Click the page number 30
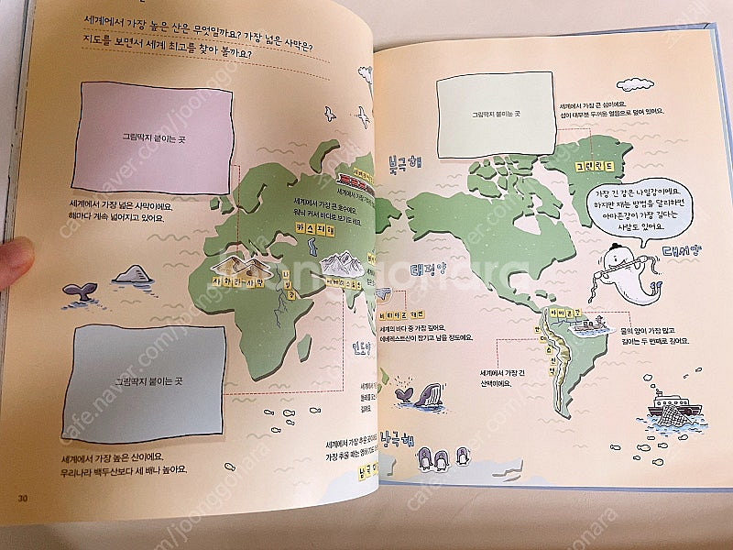pos(23,498)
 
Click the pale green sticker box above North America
pos(496,112)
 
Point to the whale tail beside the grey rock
pos(80,291)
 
